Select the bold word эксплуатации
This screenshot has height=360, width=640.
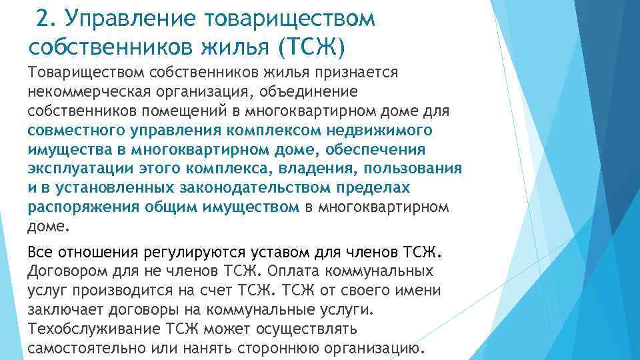[x=74, y=168]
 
